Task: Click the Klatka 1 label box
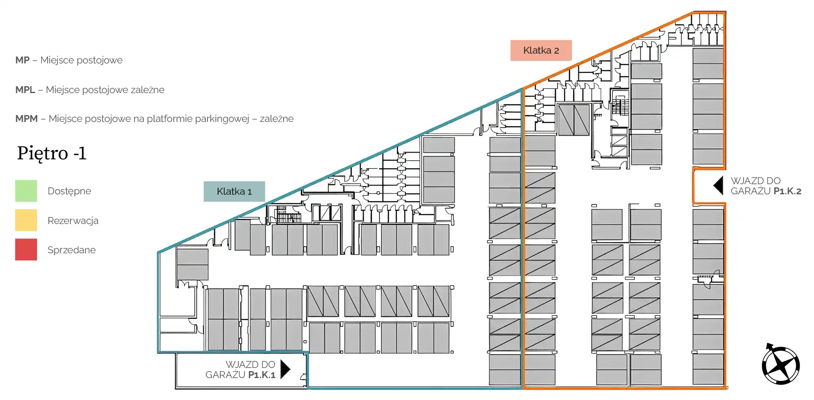pyautogui.click(x=234, y=191)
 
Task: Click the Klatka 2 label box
pyautogui.click(x=541, y=50)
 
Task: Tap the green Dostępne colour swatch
pyautogui.click(x=26, y=191)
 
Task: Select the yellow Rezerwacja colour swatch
pyautogui.click(x=26, y=220)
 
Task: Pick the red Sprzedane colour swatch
pyautogui.click(x=26, y=250)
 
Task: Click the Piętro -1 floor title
pyautogui.click(x=52, y=153)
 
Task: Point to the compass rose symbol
pyautogui.click(x=781, y=365)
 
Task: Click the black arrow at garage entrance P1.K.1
pyautogui.click(x=285, y=369)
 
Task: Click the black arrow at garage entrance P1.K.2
pyautogui.click(x=718, y=186)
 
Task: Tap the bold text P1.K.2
pyautogui.click(x=787, y=191)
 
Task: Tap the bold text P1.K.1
pyautogui.click(x=262, y=375)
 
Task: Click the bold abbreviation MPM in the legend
pyautogui.click(x=26, y=119)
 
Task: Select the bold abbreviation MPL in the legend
pyautogui.click(x=25, y=90)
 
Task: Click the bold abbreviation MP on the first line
pyautogui.click(x=22, y=60)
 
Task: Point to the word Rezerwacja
pyautogui.click(x=73, y=221)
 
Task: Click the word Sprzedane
pyautogui.click(x=72, y=250)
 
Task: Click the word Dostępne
pyautogui.click(x=69, y=191)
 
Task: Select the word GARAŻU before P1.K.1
pyautogui.click(x=225, y=375)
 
